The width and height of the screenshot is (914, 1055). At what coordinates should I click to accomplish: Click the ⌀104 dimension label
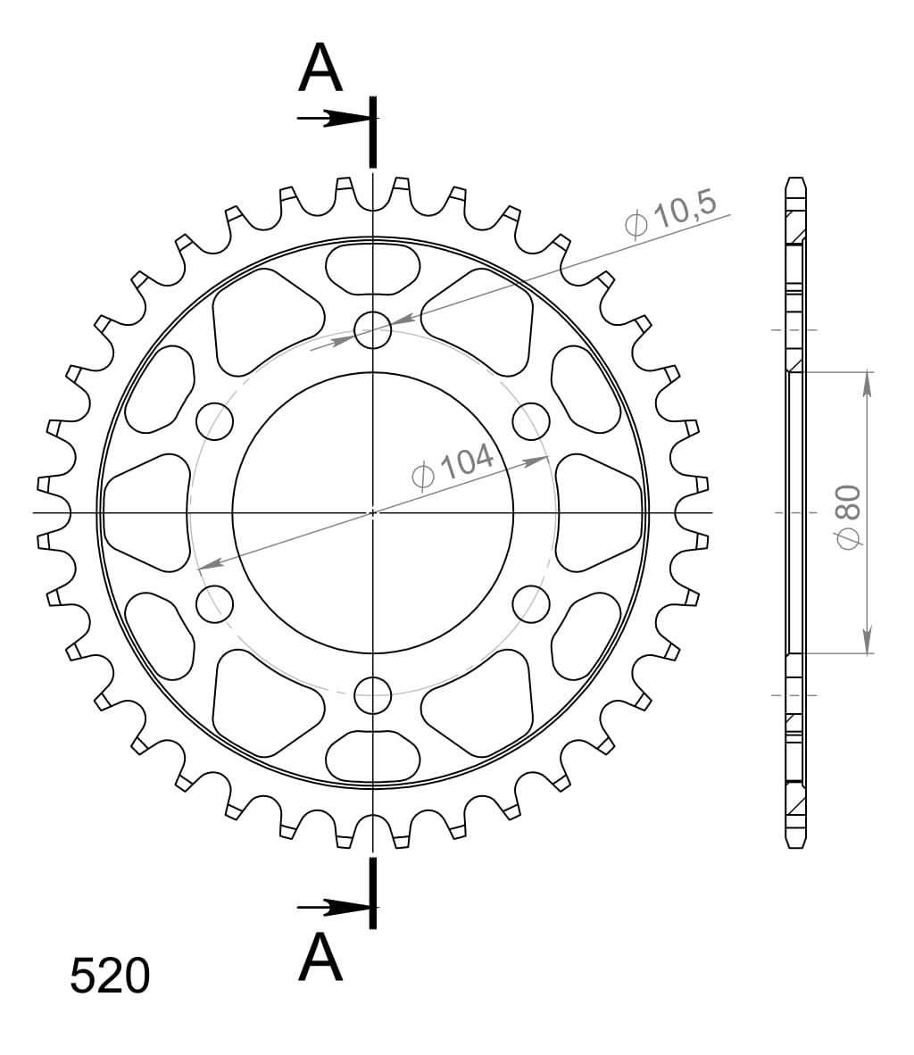(x=453, y=467)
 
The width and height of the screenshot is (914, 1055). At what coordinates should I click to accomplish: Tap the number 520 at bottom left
(x=110, y=976)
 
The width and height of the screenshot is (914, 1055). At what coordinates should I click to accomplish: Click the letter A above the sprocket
(x=320, y=69)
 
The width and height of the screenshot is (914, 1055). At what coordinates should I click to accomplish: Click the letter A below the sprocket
(x=320, y=958)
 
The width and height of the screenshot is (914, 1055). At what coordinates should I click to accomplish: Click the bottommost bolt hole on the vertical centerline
(x=373, y=694)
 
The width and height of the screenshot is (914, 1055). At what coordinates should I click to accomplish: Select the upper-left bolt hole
(x=214, y=421)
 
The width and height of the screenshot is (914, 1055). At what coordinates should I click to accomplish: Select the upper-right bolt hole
(x=532, y=421)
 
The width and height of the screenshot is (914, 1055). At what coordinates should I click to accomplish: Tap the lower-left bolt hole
(x=214, y=604)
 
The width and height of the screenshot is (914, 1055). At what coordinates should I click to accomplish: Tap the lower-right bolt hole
(x=532, y=604)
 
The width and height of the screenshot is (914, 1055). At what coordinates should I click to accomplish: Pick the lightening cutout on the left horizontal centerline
(x=147, y=512)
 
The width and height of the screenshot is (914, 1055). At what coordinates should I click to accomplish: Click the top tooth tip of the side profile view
(x=795, y=179)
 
